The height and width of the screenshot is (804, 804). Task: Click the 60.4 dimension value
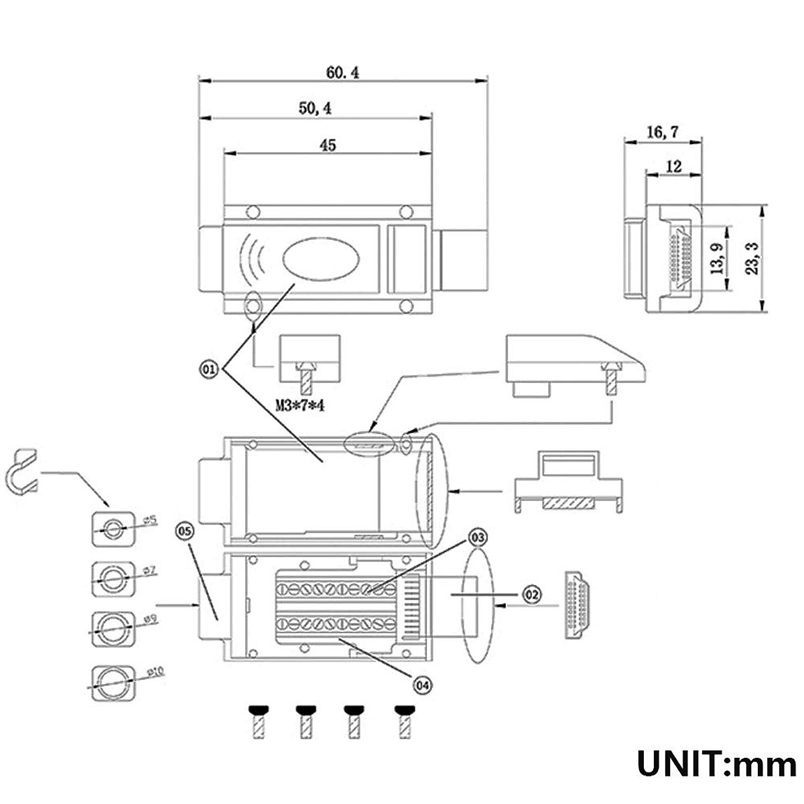click(x=342, y=72)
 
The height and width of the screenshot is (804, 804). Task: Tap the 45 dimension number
click(x=328, y=145)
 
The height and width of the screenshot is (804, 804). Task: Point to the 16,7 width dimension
click(x=662, y=132)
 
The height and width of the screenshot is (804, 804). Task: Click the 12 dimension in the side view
click(x=673, y=165)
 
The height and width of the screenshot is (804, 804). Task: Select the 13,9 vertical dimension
click(x=718, y=258)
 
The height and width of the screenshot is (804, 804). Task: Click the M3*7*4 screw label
click(x=305, y=405)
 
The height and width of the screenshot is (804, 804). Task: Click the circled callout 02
click(x=531, y=594)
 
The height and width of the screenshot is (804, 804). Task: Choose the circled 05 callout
click(x=184, y=531)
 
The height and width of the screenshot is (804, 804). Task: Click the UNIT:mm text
click(x=716, y=764)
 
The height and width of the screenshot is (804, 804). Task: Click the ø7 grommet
click(x=111, y=578)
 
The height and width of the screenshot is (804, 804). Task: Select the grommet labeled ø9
click(x=111, y=628)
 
